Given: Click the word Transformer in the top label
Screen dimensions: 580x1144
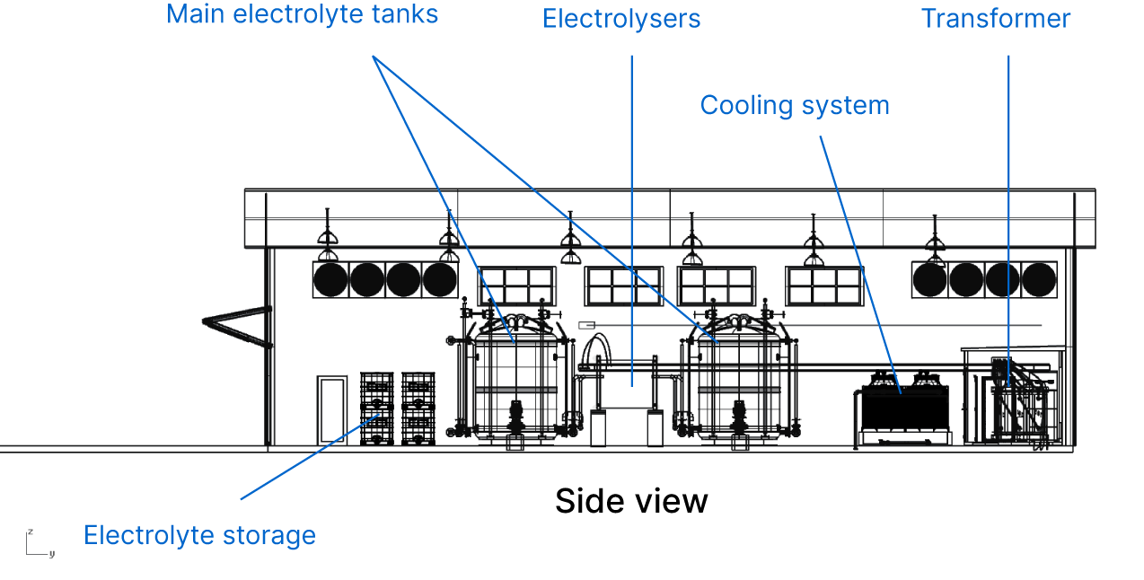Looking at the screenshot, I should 996,19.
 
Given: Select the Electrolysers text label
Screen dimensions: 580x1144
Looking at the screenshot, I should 621,19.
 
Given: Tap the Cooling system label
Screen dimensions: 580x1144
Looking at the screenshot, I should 795,105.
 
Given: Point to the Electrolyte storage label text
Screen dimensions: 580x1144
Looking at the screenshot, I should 199,536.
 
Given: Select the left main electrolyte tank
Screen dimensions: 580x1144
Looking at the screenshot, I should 514,377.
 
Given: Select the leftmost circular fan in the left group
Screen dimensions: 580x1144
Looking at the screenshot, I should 330,280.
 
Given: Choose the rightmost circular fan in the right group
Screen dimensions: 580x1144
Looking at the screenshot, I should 1039,280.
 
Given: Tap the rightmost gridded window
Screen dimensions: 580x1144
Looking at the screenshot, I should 823,286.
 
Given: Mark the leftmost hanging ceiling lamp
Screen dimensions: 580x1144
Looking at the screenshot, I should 327,235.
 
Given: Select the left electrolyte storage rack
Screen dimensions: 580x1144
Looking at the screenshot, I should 377,409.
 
